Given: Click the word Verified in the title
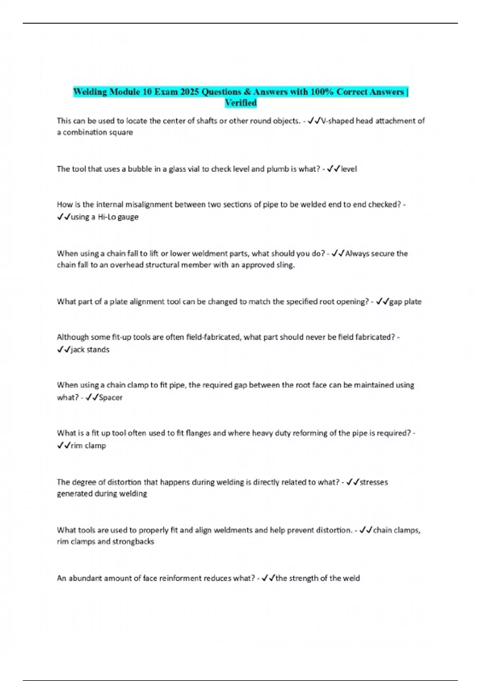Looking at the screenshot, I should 240,103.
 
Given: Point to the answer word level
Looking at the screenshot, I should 349,169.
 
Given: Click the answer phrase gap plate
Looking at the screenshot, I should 405,302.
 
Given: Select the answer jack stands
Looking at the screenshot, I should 90,349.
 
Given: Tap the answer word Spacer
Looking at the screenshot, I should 110,397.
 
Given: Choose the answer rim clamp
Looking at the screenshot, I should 88,445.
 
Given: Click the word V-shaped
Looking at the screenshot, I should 338,121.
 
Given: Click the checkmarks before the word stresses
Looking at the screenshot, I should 353,482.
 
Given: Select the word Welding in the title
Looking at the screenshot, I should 90,92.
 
